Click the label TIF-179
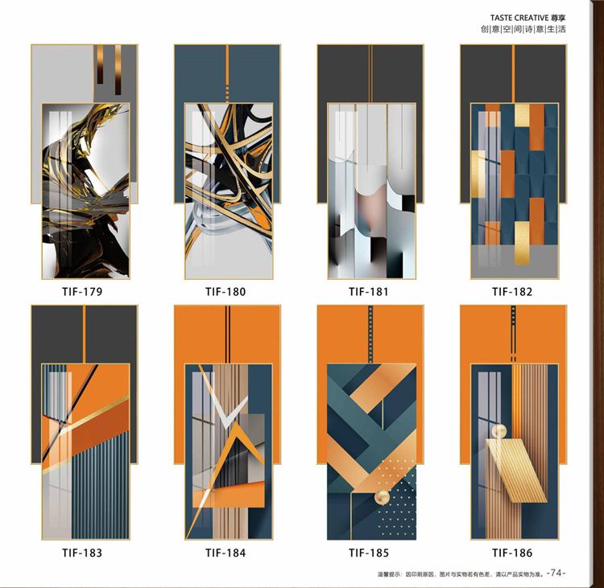pos(82,292)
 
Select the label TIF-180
pos(225,292)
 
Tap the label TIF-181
pos(369,292)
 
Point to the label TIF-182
pos(512,292)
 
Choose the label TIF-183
pos(82,553)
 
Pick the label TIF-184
pos(225,553)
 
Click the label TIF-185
pos(369,553)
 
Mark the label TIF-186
pos(512,553)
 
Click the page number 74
pos(556,573)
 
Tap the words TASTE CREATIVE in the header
pos(519,18)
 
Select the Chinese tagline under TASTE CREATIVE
pos(523,29)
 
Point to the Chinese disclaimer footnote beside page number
pos(461,574)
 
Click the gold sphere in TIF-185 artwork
pos(383,498)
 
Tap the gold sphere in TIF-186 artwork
pos(499,431)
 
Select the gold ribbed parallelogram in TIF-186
pos(516,471)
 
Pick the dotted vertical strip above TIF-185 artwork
pos(370,334)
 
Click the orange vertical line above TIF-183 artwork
pos(84,334)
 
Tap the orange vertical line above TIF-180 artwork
pos(227,73)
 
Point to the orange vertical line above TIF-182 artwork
pos(514,73)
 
